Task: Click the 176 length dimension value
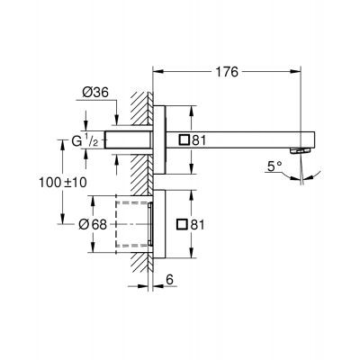click(228, 73)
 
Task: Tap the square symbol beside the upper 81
click(184, 140)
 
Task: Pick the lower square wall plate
click(159, 225)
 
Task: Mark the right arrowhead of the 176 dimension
click(310, 72)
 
